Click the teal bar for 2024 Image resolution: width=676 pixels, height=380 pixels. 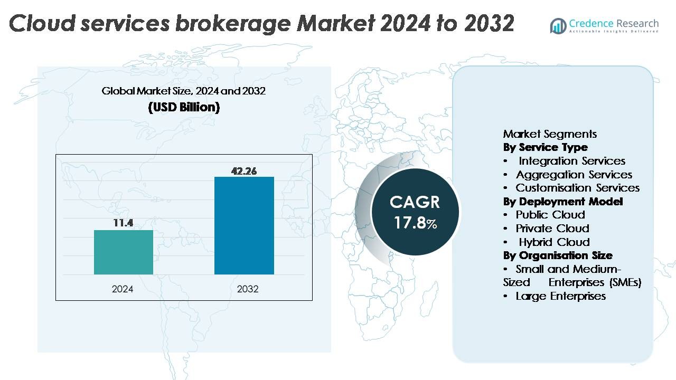124,252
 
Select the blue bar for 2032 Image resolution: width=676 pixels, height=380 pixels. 244,225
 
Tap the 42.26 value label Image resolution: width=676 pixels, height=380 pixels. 244,171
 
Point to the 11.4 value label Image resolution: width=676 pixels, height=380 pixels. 123,223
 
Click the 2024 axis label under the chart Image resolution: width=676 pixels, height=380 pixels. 123,289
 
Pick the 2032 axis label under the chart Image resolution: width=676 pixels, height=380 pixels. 248,289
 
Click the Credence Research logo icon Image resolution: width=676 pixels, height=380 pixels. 558,26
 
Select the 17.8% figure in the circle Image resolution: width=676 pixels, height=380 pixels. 416,222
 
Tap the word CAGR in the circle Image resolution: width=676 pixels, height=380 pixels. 415,202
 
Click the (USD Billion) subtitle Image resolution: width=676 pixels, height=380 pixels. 184,107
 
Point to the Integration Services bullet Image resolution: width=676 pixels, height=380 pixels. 571,161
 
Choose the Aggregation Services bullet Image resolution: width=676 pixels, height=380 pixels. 574,175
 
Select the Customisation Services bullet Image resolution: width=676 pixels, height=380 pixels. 577,188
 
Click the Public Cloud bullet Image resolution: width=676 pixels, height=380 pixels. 550,215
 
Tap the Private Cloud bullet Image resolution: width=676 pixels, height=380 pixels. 552,229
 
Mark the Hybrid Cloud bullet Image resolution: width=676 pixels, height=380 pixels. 554,242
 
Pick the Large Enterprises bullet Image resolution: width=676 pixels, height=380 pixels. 560,296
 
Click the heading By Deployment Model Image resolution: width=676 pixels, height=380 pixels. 563,202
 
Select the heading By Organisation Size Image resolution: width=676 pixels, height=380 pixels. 558,255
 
